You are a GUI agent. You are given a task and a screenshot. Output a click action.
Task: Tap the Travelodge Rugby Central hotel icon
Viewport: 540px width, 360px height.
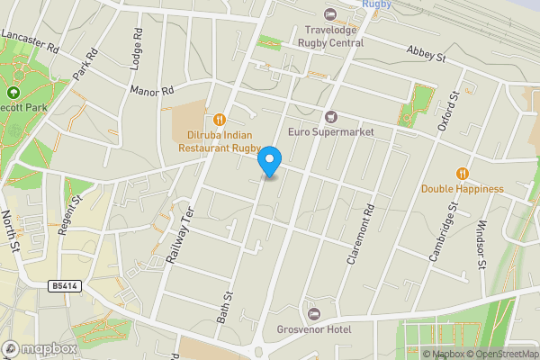click(x=329, y=14)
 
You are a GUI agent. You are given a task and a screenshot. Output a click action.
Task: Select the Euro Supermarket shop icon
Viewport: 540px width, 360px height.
click(x=330, y=116)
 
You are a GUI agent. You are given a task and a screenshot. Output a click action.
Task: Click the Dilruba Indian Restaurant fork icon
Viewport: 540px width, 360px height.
click(x=220, y=119)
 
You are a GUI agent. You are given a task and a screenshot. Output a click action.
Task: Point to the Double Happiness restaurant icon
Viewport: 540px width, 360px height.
click(x=462, y=173)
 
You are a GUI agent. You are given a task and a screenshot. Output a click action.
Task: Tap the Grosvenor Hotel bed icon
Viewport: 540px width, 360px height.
click(x=313, y=313)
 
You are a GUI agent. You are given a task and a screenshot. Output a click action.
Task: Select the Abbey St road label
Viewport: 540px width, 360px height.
click(x=427, y=55)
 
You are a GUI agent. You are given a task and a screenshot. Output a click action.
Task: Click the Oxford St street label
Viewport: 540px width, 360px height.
click(x=447, y=111)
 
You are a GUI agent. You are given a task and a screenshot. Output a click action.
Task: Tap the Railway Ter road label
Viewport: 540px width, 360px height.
click(x=181, y=233)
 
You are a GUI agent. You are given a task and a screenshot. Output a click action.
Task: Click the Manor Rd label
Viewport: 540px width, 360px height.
click(x=151, y=91)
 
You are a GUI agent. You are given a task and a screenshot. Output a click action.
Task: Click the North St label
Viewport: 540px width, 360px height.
click(x=12, y=233)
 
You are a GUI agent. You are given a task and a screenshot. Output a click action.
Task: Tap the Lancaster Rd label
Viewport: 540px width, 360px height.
click(x=30, y=40)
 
